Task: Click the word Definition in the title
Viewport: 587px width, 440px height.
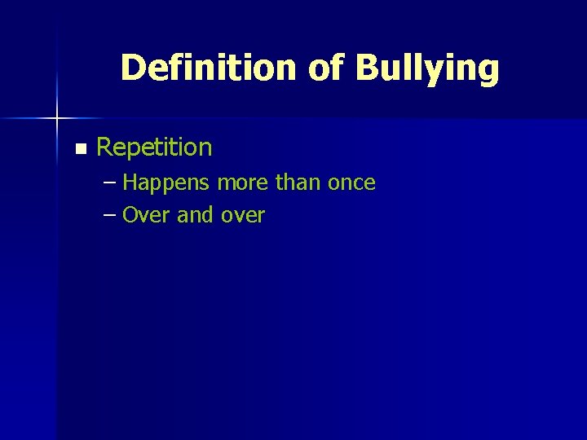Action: (210, 68)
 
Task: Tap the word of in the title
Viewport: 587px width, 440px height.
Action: (328, 68)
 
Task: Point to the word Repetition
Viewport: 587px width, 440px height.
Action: (154, 148)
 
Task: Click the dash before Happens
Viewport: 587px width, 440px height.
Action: (111, 183)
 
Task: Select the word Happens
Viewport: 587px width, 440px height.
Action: (168, 183)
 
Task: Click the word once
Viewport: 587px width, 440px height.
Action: (351, 183)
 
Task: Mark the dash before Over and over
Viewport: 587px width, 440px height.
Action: (111, 215)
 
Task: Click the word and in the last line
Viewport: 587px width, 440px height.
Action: (194, 215)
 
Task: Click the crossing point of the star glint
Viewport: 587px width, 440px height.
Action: (57, 119)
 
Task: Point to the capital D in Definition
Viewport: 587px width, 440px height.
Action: (131, 68)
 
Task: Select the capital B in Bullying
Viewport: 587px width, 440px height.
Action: (367, 68)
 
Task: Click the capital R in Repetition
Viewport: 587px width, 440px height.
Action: (104, 147)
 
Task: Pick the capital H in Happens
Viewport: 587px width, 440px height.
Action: (130, 183)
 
